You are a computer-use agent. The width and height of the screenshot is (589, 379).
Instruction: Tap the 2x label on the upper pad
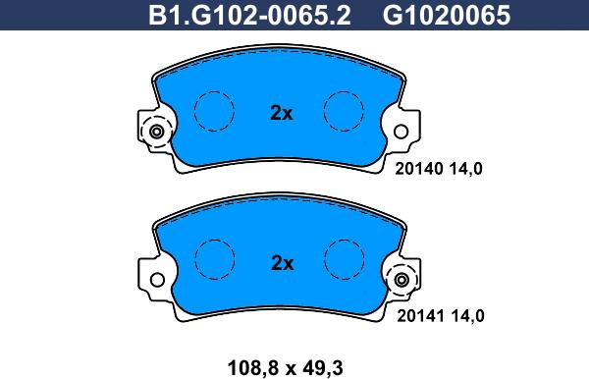[282, 113]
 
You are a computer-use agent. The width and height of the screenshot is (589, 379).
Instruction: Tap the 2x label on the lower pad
[282, 263]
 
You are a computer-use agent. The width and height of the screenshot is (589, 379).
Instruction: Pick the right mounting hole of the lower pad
[400, 282]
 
